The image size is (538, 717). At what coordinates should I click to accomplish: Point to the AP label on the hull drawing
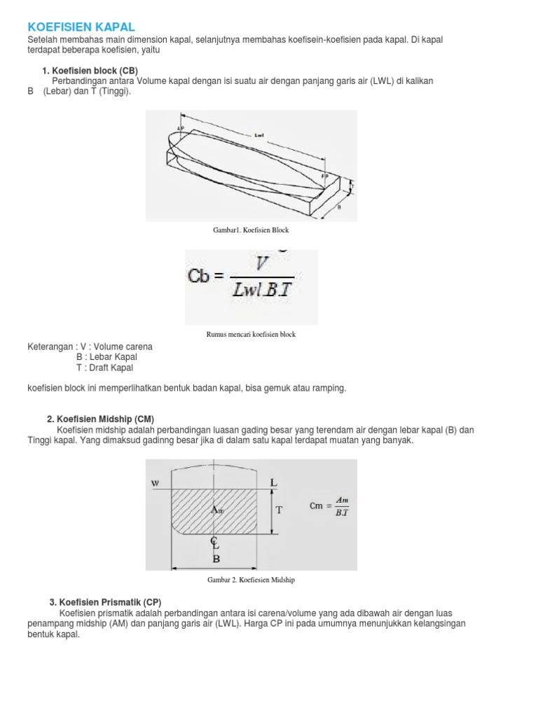[x=181, y=128]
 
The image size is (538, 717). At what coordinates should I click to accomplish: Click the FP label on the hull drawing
[x=325, y=176]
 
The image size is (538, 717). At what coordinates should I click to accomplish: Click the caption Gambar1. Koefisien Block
[x=251, y=230]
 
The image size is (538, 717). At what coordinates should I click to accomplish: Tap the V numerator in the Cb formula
[x=263, y=264]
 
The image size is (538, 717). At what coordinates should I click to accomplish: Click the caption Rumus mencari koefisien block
[x=251, y=335]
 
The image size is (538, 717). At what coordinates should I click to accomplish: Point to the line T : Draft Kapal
[x=104, y=368]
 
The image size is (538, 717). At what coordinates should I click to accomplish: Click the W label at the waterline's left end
[x=155, y=483]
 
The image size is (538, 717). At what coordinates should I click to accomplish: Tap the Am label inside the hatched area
[x=216, y=510]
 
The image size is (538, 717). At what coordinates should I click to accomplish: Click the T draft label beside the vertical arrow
[x=279, y=510]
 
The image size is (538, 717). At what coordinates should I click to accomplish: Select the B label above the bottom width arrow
[x=216, y=559]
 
